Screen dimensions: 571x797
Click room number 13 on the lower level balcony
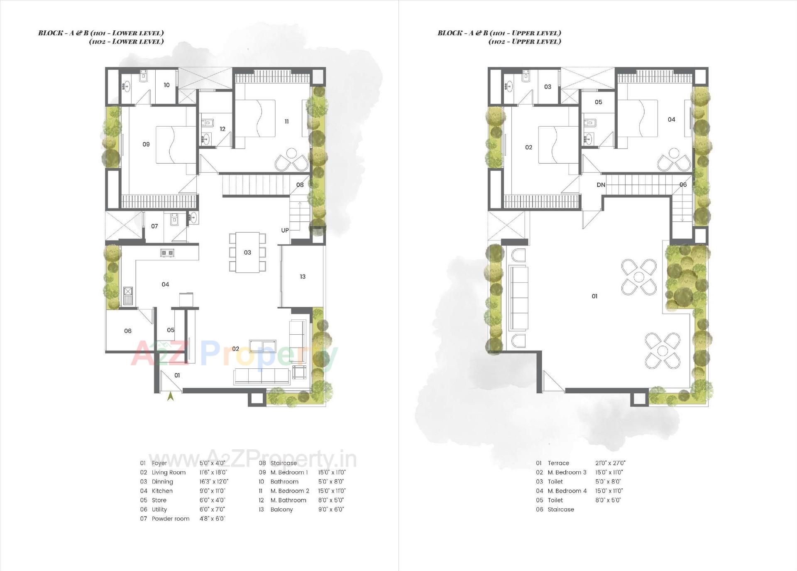(x=303, y=277)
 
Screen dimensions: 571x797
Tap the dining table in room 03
(x=247, y=252)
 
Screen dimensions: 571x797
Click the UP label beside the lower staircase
(x=285, y=230)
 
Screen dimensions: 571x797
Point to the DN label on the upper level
(x=601, y=185)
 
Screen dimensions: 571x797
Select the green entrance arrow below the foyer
(x=170, y=397)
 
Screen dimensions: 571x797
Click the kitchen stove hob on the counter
(x=168, y=252)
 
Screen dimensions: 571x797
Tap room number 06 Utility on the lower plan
(x=128, y=331)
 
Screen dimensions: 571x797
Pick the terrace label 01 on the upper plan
(x=594, y=296)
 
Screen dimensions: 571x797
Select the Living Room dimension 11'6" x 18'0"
(x=213, y=473)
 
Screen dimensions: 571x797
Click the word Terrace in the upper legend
(x=558, y=463)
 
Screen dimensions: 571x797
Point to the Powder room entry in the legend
(x=170, y=519)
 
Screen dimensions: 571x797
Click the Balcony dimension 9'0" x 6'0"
(x=331, y=510)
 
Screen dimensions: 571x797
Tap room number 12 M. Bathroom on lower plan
(x=222, y=129)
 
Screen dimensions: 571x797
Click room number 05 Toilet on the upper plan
(x=598, y=102)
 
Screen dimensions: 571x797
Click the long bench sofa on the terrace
(x=518, y=298)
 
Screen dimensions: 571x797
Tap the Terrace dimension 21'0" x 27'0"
(x=610, y=463)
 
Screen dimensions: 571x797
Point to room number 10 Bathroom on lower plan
(x=166, y=85)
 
